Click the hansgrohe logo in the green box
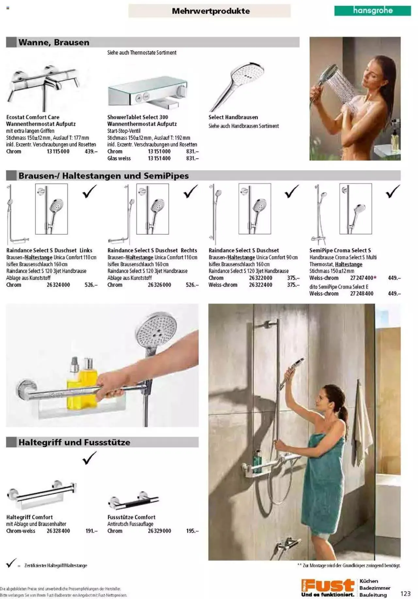point(373,10)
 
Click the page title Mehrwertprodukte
point(211,11)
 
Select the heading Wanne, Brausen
point(54,42)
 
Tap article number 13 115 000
point(58,151)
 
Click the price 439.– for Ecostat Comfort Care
point(91,151)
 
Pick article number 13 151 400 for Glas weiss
point(159,158)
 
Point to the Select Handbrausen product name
point(233,117)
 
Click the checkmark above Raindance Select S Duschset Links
point(89,191)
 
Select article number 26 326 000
point(159,285)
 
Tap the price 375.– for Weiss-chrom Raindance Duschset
point(293,285)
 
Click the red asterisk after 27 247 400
point(375,278)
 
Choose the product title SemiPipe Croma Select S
point(340,250)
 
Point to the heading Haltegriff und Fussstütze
point(74,442)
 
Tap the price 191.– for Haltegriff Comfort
point(91,531)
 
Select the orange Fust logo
point(328,585)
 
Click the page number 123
point(405,593)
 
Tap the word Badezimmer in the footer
point(375,588)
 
